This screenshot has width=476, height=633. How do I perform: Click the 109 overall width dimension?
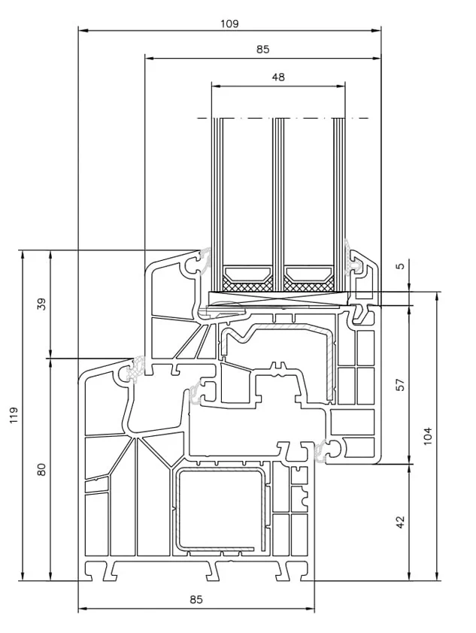tap(229, 24)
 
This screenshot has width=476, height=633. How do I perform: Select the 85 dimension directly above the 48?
tap(262, 50)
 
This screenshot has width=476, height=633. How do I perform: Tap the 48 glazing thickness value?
tap(278, 77)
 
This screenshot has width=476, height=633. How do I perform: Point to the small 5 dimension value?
tap(400, 266)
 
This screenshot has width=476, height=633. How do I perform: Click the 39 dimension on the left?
tap(41, 304)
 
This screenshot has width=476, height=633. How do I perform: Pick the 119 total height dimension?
tap(14, 415)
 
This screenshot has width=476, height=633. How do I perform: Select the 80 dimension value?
tap(41, 469)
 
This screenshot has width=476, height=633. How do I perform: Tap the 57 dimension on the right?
tap(400, 384)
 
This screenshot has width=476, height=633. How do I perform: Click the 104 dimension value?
tap(428, 435)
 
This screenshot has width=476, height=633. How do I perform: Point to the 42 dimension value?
tap(400, 522)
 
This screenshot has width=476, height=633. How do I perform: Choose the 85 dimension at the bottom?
tap(196, 599)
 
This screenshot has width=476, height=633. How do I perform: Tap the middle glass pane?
tap(278, 204)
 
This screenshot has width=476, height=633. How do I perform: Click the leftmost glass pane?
tap(217, 204)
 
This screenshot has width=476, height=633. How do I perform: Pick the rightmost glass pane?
tap(339, 204)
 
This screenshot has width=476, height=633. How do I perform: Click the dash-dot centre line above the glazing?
tap(283, 118)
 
